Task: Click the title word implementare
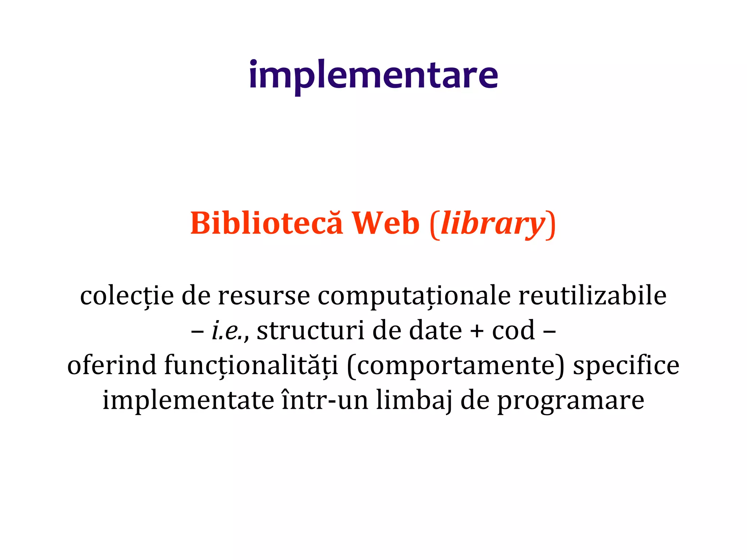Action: click(373, 76)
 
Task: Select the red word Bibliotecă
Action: click(267, 223)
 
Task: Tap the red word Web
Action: click(386, 223)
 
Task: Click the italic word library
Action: click(493, 224)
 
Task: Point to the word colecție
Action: click(127, 296)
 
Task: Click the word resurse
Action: click(264, 296)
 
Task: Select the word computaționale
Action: click(414, 296)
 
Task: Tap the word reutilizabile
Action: click(592, 296)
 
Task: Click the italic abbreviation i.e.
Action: click(228, 331)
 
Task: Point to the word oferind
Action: click(112, 365)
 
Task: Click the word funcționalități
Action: click(251, 366)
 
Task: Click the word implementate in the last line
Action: click(188, 400)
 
